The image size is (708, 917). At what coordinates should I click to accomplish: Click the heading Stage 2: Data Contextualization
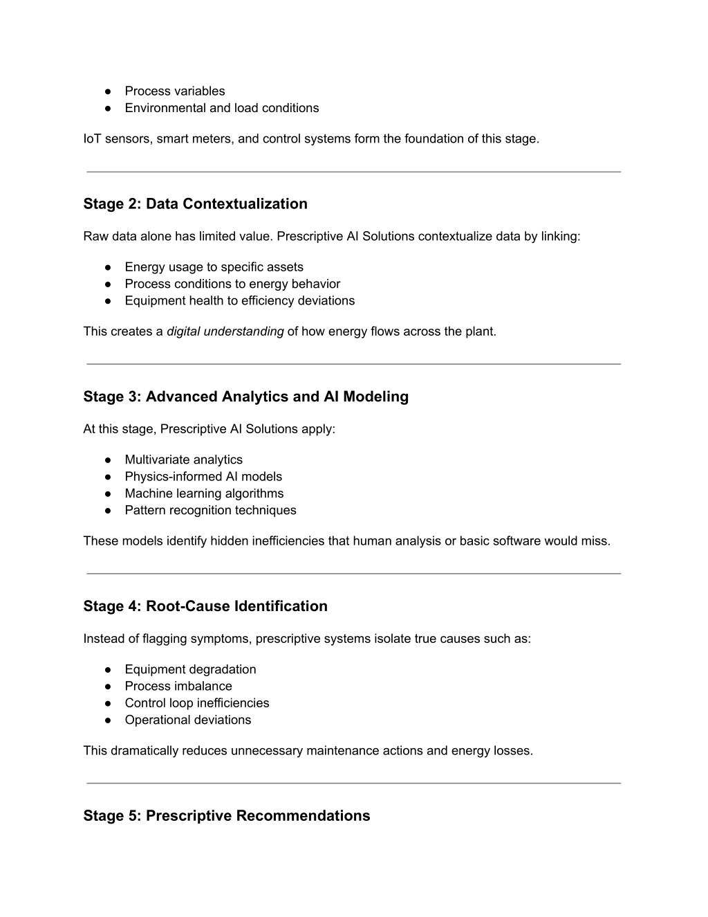195,204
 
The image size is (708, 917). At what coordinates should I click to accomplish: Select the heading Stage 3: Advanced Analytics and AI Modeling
245,397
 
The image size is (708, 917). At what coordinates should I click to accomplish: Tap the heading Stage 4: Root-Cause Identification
205,606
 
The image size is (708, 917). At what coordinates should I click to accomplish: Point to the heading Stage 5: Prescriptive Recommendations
226,816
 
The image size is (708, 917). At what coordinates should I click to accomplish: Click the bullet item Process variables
174,91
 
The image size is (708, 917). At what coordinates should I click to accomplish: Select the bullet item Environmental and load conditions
221,108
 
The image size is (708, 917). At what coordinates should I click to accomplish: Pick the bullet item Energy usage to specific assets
214,267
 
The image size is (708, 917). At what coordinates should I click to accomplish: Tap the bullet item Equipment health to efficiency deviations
239,300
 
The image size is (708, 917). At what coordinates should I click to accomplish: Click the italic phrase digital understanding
225,332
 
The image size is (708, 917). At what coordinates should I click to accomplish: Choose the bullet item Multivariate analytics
183,460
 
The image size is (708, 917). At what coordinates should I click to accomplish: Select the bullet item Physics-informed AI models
203,476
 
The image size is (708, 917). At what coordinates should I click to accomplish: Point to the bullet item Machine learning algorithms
204,493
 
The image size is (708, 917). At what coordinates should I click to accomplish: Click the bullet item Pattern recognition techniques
210,510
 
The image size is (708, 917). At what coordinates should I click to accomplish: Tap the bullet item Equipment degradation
190,669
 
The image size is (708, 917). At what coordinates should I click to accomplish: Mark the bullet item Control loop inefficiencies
196,703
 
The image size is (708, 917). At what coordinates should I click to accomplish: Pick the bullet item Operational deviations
187,720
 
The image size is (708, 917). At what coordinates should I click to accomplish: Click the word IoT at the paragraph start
92,139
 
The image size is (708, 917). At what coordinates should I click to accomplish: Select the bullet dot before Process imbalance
109,687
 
